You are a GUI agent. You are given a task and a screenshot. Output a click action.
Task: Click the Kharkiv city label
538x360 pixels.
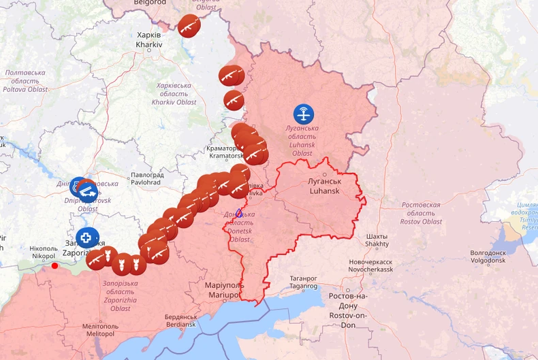point(148,39)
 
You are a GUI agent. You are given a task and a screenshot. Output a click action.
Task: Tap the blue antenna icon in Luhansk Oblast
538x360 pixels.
point(304,114)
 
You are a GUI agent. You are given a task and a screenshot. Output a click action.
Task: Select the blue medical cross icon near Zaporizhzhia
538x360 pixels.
point(86,238)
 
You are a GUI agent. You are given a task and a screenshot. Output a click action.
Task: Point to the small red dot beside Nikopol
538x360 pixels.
point(55,265)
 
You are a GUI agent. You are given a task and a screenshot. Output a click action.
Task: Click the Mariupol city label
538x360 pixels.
point(224,290)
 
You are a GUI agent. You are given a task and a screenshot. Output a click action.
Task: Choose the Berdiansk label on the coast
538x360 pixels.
point(180,321)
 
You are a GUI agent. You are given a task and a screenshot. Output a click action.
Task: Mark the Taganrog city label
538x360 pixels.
point(303,282)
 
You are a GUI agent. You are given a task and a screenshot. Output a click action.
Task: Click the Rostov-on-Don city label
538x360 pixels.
point(347,305)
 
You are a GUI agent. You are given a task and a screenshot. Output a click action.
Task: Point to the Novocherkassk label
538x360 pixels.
point(371,265)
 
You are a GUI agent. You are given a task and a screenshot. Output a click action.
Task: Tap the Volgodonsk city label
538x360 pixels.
point(488,257)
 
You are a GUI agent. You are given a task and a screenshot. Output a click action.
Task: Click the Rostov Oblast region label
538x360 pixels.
point(421,213)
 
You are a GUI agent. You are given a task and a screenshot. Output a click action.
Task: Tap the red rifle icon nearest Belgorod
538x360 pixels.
point(189,26)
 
